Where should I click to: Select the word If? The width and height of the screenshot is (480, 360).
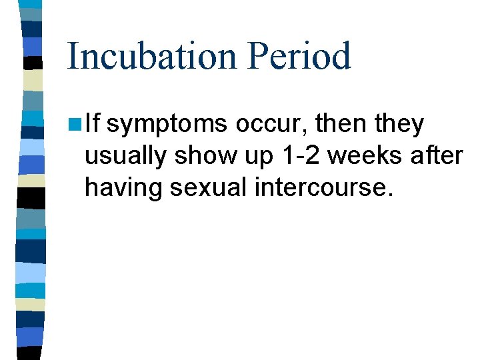[93, 124]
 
